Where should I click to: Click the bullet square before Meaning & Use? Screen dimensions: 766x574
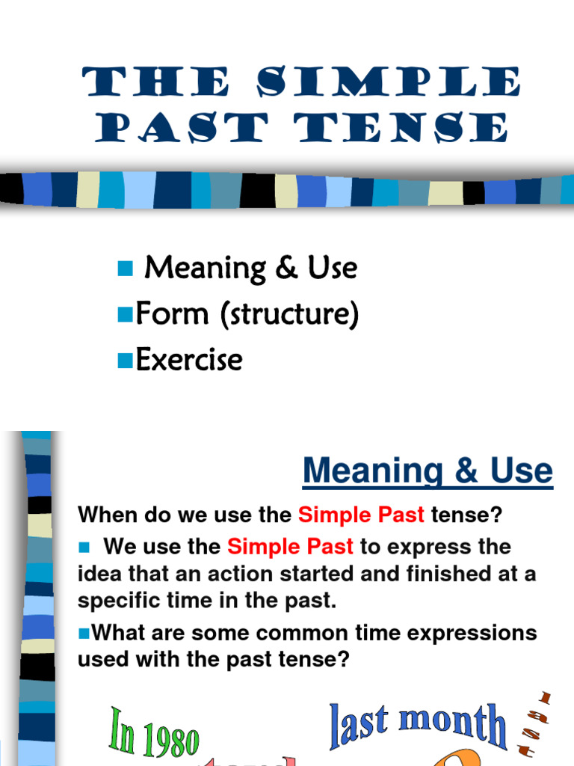[x=125, y=268]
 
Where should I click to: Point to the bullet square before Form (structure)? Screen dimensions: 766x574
[x=125, y=315]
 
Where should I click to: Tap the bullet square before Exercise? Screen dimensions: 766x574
[x=125, y=361]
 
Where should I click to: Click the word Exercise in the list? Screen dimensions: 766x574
[x=189, y=360]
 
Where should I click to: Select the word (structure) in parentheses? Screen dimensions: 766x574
[x=289, y=315]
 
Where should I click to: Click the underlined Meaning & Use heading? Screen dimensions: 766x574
[x=428, y=471]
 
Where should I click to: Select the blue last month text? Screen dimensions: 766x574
[x=418, y=723]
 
